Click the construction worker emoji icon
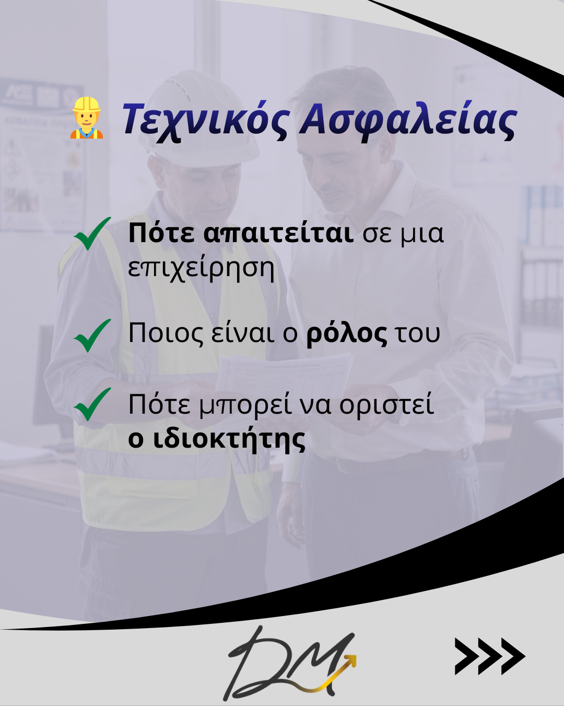tap(87, 118)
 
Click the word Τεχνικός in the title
tap(204, 120)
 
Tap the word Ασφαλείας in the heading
tap(408, 120)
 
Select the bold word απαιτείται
tap(278, 233)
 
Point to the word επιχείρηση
tap(201, 269)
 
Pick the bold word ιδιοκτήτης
tap(229, 439)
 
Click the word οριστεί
tap(386, 405)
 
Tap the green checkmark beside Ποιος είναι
tap(92, 335)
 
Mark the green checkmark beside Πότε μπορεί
tap(92, 404)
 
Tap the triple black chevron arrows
tap(489, 656)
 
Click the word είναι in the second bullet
tap(242, 333)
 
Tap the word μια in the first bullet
tap(422, 233)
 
